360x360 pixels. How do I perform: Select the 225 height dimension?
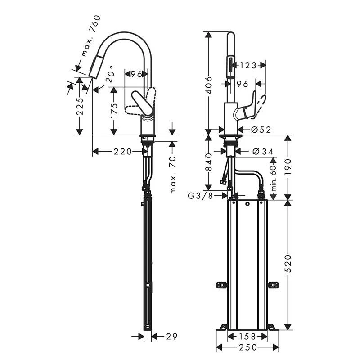point(80,106)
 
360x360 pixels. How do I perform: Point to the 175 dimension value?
point(114,111)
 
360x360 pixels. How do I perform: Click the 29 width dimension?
point(171,336)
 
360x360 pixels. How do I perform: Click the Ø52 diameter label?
point(261,130)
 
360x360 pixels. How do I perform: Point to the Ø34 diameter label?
point(263,152)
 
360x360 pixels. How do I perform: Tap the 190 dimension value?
point(288,168)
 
